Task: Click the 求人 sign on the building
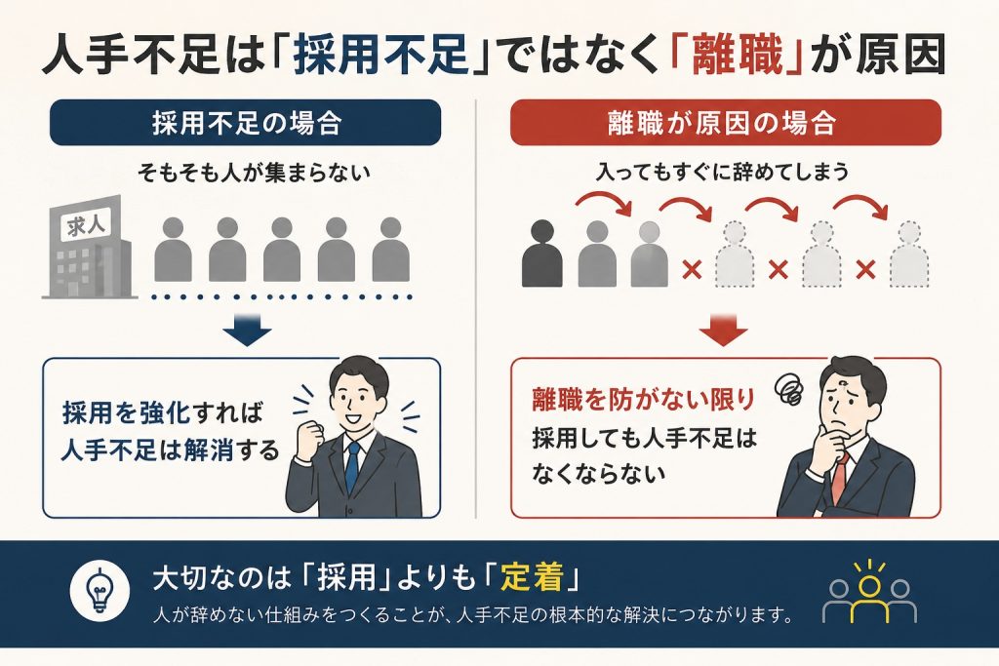(x=86, y=224)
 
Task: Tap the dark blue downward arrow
(x=247, y=330)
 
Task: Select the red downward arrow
(x=723, y=330)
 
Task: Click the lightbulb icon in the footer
(x=100, y=590)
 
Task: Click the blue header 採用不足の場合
(x=245, y=122)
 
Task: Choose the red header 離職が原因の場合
(x=726, y=122)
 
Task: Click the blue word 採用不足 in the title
(x=381, y=55)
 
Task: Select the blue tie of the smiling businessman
(x=352, y=467)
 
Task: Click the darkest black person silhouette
(x=541, y=254)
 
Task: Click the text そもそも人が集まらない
(x=255, y=173)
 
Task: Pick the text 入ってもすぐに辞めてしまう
(x=723, y=172)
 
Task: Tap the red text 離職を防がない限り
(x=644, y=399)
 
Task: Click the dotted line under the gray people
(x=282, y=296)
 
